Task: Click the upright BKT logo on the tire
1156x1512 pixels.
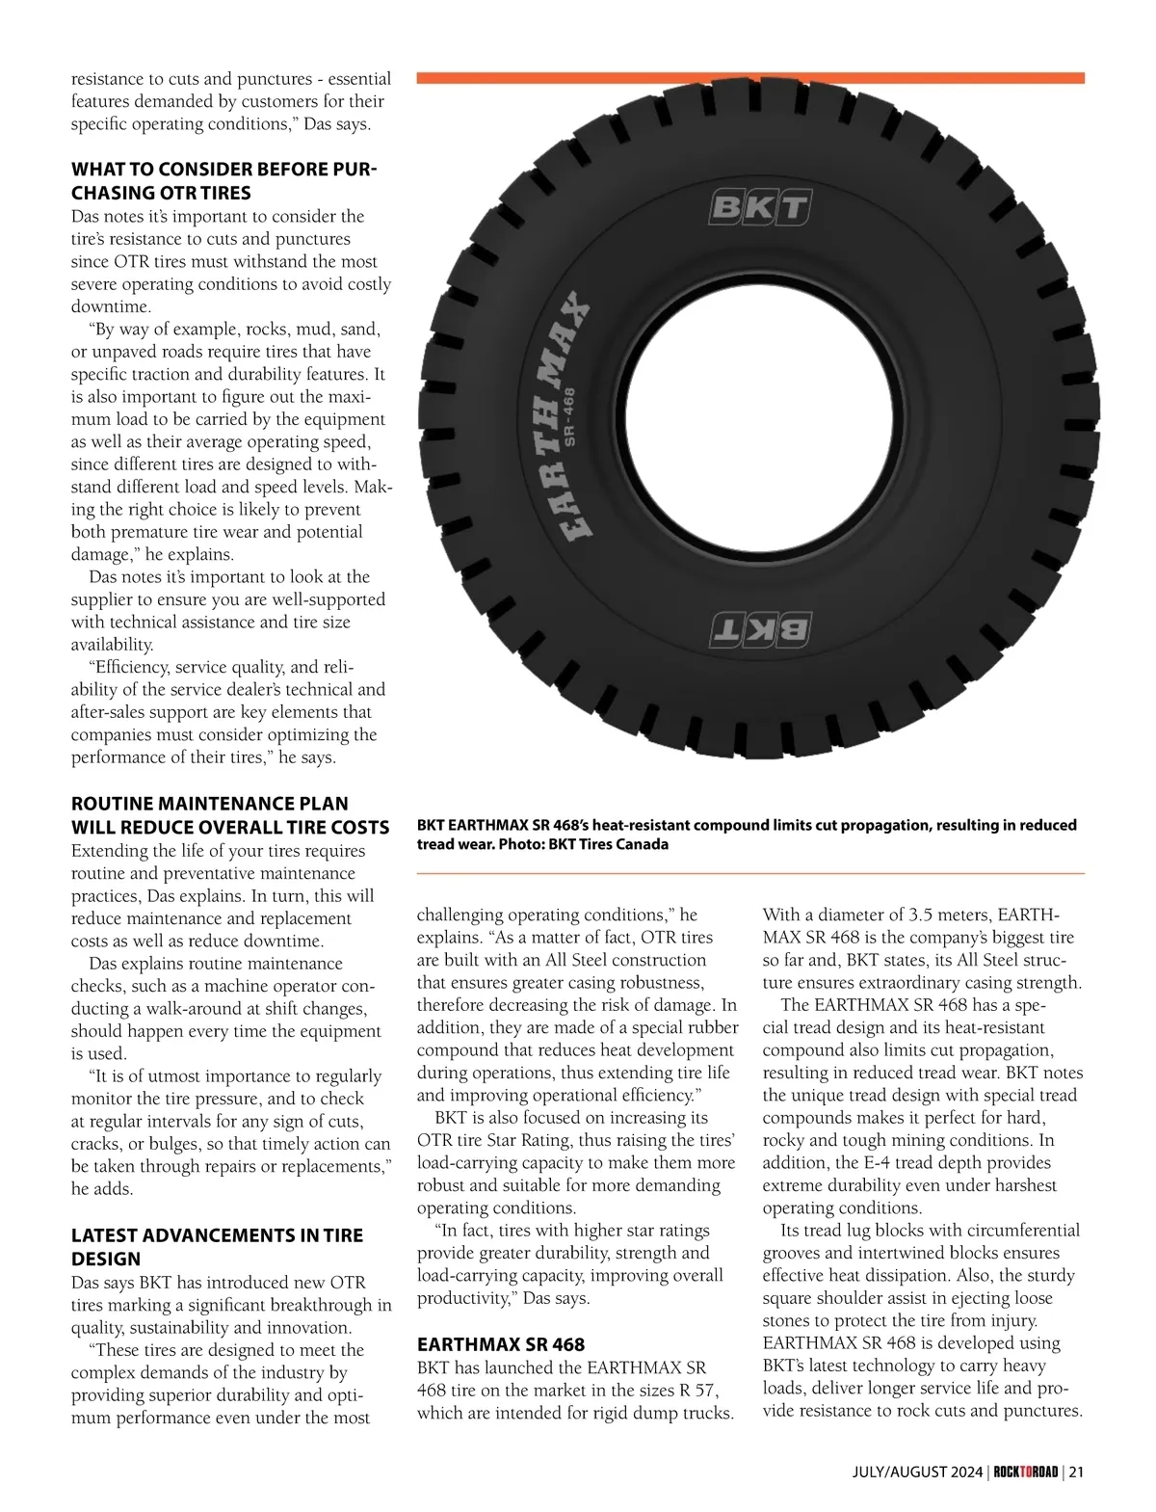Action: tap(759, 207)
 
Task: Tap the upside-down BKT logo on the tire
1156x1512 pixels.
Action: tap(759, 629)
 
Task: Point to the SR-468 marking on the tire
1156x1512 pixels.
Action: tap(568, 417)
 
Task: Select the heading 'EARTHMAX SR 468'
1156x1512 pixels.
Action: tap(501, 1343)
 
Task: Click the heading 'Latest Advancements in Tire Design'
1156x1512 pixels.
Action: tap(217, 1247)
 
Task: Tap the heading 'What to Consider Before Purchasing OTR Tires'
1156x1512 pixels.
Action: tap(223, 181)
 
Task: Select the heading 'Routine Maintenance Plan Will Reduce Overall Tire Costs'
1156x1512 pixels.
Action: tap(229, 815)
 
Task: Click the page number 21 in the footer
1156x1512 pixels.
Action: tap(1076, 1472)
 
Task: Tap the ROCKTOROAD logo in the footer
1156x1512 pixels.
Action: tap(1026, 1472)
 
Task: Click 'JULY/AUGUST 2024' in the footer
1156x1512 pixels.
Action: tap(918, 1472)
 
